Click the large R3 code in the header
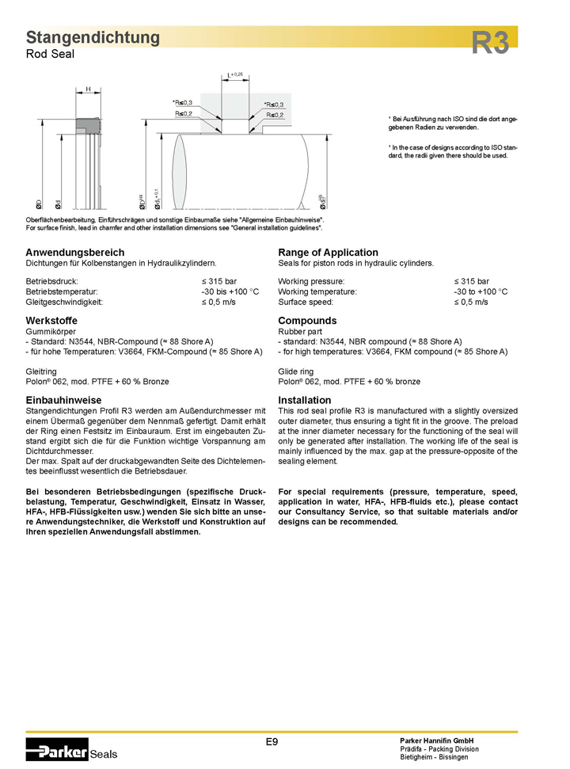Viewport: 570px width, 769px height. [x=491, y=43]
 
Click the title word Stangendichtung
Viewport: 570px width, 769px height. [x=93, y=37]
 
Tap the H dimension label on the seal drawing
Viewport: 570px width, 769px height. [x=88, y=89]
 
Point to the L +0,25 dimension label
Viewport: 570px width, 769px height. [x=234, y=74]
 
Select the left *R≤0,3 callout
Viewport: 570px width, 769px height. [x=183, y=104]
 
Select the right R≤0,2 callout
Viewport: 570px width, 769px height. [x=275, y=115]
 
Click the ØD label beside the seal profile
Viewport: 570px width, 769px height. [x=40, y=205]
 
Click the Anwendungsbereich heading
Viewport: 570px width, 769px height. [x=75, y=252]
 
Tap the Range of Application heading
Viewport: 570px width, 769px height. [x=328, y=252]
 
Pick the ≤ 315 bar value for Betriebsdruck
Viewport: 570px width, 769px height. [x=218, y=281]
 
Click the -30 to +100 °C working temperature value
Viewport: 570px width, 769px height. [x=481, y=291]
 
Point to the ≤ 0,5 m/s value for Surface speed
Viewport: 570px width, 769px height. [x=470, y=302]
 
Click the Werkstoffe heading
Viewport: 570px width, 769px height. [x=52, y=320]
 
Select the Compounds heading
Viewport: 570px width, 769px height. [x=307, y=320]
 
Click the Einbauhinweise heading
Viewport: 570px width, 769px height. [x=63, y=400]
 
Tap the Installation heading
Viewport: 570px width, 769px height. [x=305, y=400]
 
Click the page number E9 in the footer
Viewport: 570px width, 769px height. [x=272, y=741]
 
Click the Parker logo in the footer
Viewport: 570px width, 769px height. [x=57, y=749]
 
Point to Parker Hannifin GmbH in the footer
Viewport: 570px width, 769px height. [x=437, y=740]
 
